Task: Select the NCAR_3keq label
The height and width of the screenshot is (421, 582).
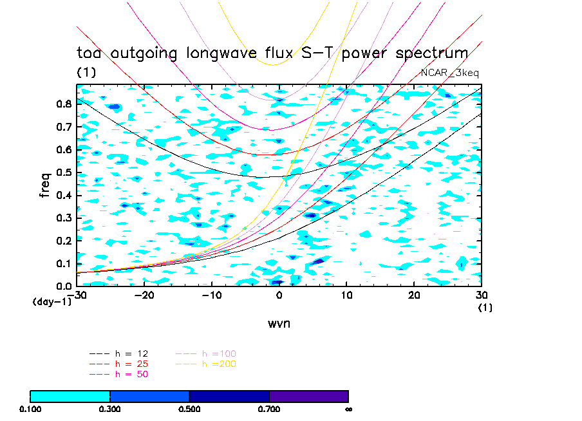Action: [450, 73]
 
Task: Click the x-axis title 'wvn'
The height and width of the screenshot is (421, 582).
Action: [279, 323]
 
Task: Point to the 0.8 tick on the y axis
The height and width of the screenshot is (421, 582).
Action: [63, 104]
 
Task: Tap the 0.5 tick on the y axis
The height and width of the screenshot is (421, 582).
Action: [63, 173]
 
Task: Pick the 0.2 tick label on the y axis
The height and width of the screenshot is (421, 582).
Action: [63, 241]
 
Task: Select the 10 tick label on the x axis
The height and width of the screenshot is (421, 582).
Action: [346, 295]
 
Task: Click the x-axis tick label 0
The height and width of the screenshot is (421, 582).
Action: [279, 295]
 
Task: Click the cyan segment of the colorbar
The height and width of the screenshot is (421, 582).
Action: [70, 396]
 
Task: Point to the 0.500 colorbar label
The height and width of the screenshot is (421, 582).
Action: [189, 409]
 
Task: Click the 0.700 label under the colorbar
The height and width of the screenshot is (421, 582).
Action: [269, 409]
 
